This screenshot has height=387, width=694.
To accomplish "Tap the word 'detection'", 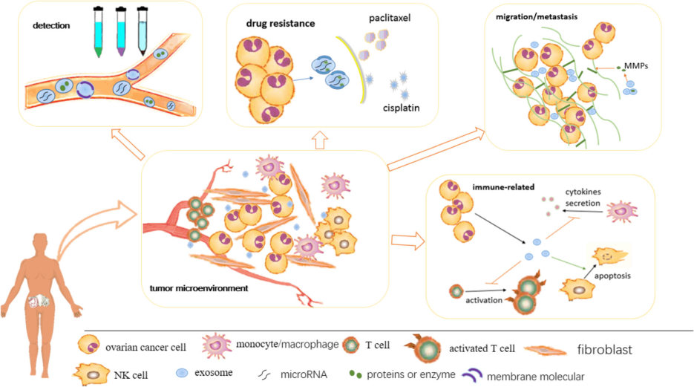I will [x=50, y=25].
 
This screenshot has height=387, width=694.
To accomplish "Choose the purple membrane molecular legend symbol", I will [x=472, y=375].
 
